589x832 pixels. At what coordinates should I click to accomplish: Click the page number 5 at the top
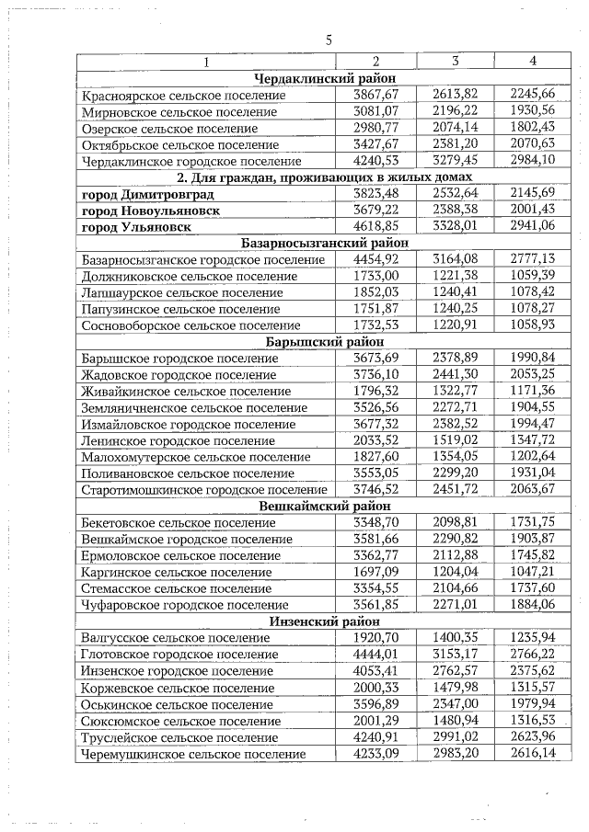click(x=329, y=39)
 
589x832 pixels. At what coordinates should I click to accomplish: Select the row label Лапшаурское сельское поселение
click(x=182, y=293)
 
